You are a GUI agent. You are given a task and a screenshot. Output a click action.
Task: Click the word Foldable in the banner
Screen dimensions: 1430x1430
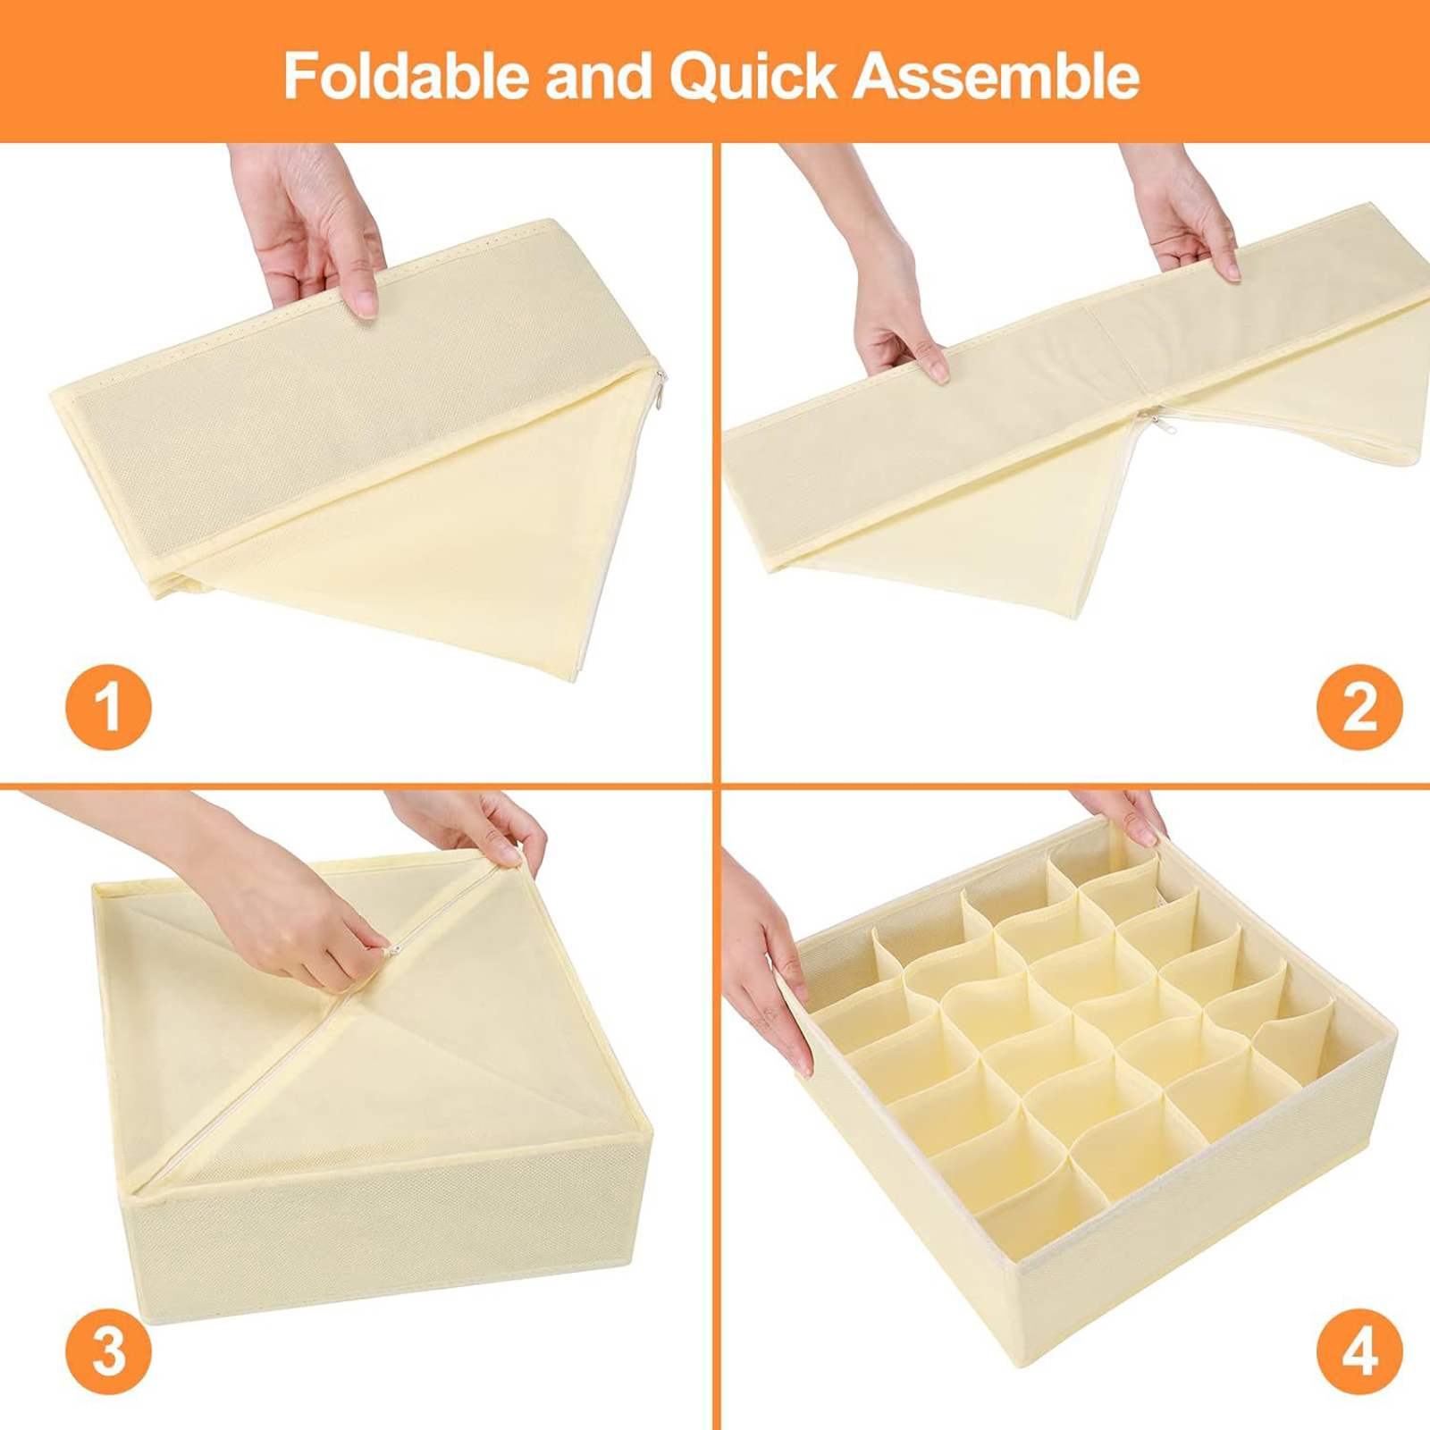[407, 76]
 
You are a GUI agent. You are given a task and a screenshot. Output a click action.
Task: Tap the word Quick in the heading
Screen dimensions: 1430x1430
[753, 78]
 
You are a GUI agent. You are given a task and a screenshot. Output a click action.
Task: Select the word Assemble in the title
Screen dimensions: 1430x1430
[996, 76]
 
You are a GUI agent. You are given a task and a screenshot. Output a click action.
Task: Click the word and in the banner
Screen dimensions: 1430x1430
[600, 76]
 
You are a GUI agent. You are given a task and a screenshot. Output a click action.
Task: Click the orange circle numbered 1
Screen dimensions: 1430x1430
[108, 707]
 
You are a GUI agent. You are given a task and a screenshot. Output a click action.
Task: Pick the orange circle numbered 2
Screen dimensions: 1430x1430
[1359, 707]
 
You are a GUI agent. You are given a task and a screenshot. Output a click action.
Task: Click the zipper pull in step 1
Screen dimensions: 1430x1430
[660, 391]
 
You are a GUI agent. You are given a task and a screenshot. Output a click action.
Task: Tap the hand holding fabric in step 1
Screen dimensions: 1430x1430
[308, 228]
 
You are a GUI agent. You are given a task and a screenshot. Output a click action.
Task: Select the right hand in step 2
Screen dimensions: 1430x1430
[1180, 214]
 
